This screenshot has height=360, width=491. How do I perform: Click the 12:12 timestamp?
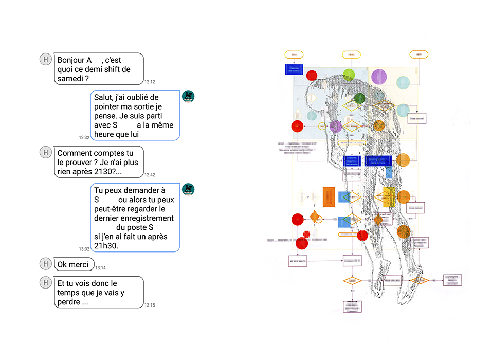150,82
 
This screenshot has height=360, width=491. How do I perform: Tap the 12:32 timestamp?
84,137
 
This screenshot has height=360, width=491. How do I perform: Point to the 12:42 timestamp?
150,175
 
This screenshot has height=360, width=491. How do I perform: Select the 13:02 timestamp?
84,249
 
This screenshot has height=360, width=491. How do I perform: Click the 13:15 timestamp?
150,305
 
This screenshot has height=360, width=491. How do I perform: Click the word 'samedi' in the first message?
69,79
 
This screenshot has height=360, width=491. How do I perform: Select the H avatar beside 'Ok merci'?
46,264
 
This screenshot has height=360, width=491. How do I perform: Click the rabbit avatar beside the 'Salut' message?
188,96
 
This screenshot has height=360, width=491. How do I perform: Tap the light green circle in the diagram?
349,75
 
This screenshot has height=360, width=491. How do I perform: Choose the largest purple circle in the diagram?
379,77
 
